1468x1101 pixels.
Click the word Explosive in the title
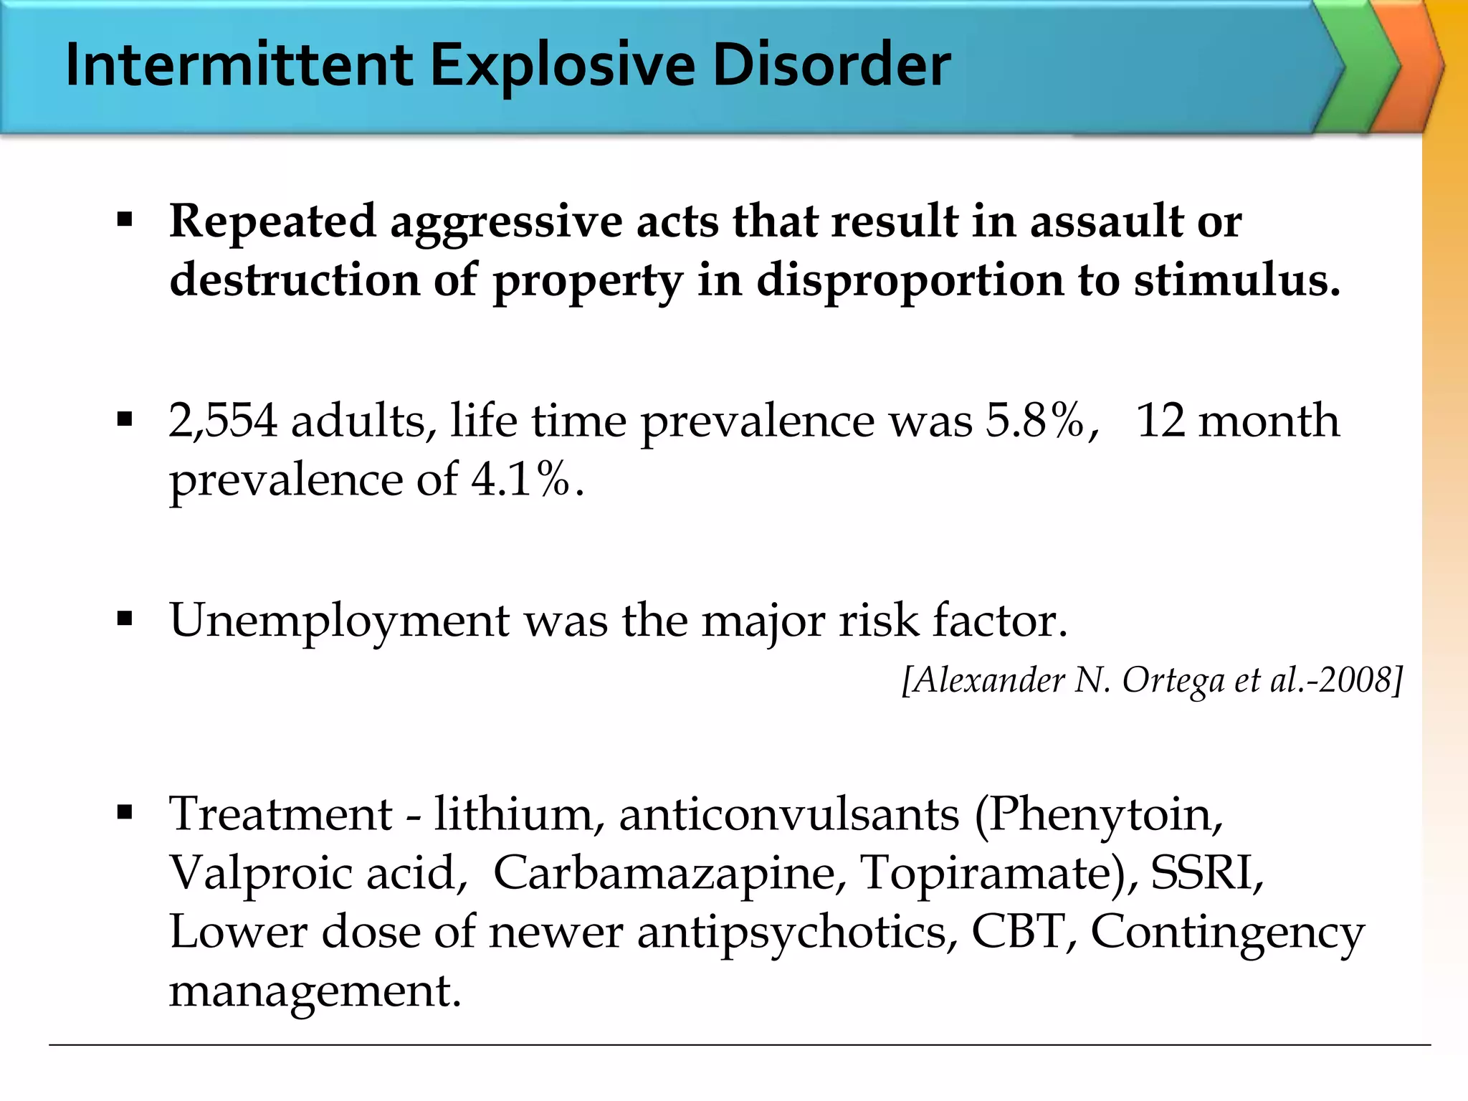562,66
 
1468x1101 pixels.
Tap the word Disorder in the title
831,66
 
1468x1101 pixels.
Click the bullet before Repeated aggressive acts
125,220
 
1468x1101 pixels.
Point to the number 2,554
222,421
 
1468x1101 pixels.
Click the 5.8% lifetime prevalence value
1035,421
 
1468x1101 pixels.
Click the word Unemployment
338,620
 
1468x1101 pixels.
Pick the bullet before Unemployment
125,619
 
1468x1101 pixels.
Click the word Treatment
280,815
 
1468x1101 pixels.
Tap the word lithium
513,815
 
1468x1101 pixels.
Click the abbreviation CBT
1016,932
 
